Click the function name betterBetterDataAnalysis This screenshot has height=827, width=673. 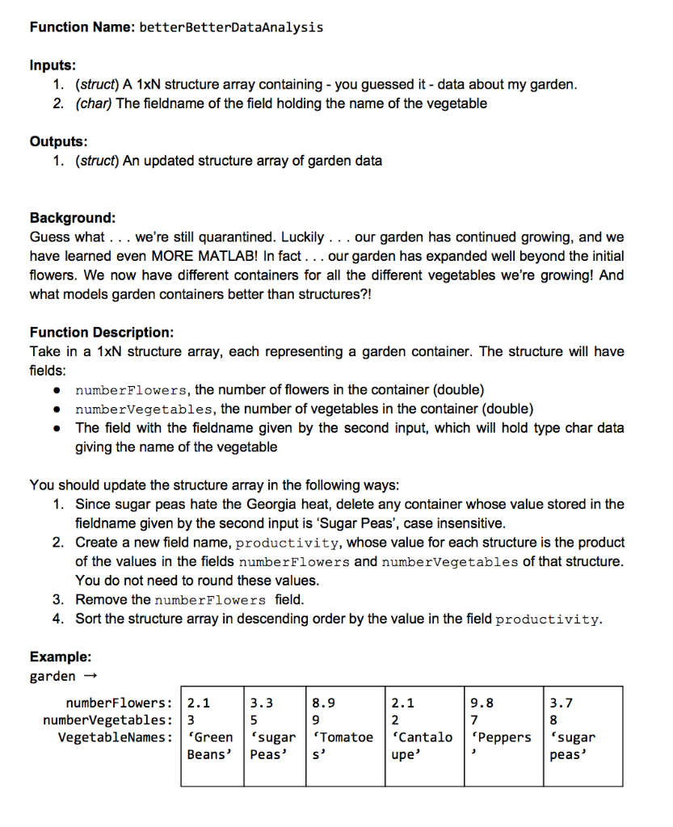pos(231,27)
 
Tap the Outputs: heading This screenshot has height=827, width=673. pos(58,141)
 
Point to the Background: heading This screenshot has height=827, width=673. pos(73,218)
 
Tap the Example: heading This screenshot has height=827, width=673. pos(61,657)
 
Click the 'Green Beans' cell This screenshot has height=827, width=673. pos(210,745)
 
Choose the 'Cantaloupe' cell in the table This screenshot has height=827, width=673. pos(420,745)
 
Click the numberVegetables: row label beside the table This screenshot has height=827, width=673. pos(107,720)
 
